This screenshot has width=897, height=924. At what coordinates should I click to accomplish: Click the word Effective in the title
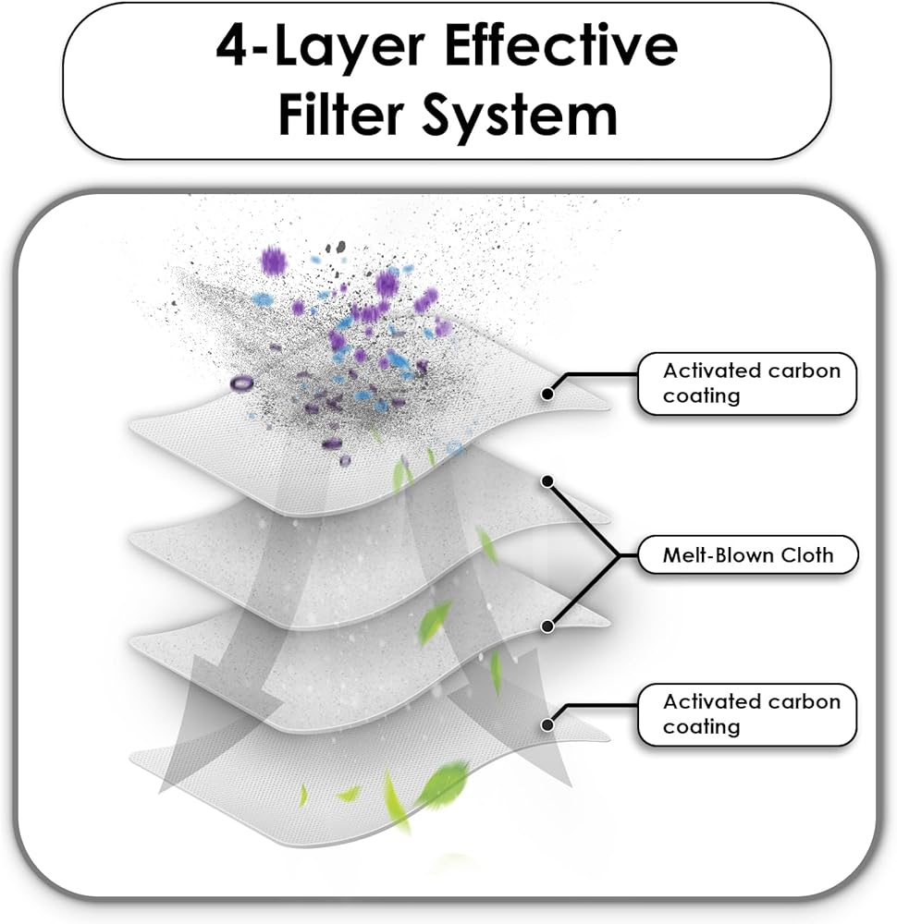560,46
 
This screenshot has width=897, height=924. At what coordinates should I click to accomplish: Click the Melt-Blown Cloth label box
747,554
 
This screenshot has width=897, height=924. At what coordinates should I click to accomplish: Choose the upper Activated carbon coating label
746,383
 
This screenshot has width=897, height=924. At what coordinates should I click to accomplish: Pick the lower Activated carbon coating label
746,714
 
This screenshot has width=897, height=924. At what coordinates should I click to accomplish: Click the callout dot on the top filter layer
547,394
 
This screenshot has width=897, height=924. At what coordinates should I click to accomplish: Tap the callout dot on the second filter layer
547,481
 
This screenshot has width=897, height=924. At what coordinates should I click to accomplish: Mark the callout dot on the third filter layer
547,626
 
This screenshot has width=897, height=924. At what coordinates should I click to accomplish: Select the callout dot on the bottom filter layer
547,724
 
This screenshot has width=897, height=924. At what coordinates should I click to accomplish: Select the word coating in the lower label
701,727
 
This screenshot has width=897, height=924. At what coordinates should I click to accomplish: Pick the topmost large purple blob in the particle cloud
273,261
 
